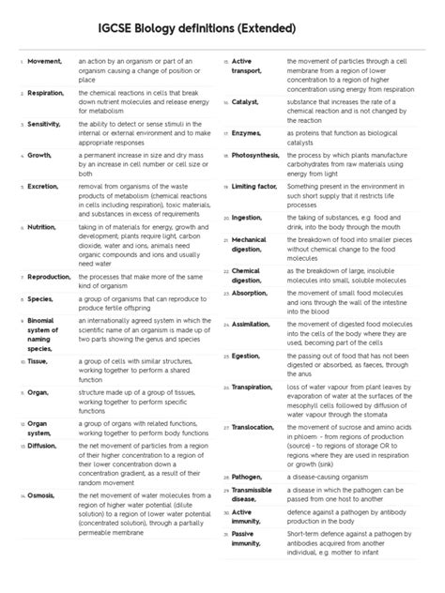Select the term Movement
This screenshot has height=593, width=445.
44,62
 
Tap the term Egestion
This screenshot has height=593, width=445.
249,355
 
